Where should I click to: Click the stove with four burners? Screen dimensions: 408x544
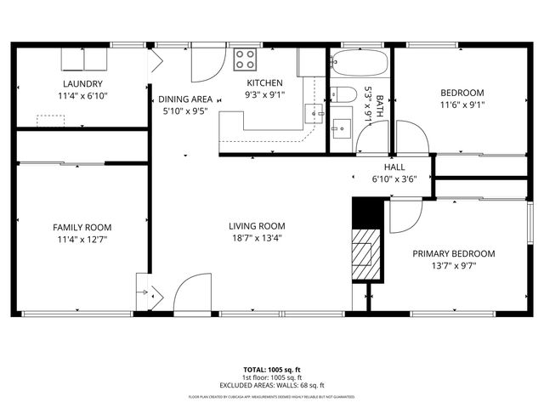click(246, 59)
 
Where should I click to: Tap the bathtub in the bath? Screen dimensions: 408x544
click(359, 62)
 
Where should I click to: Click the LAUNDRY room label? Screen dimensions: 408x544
click(82, 83)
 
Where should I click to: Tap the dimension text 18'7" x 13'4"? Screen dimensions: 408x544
click(256, 238)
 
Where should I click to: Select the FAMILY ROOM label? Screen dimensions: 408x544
click(82, 227)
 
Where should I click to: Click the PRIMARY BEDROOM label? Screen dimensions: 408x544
click(454, 253)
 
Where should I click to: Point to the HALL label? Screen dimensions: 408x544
click(396, 167)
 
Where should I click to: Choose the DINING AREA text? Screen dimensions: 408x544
click(185, 99)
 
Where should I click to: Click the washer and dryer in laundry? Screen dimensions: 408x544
click(84, 58)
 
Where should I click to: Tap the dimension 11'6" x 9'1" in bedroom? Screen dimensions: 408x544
click(462, 105)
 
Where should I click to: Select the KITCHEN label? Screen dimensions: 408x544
click(264, 83)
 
